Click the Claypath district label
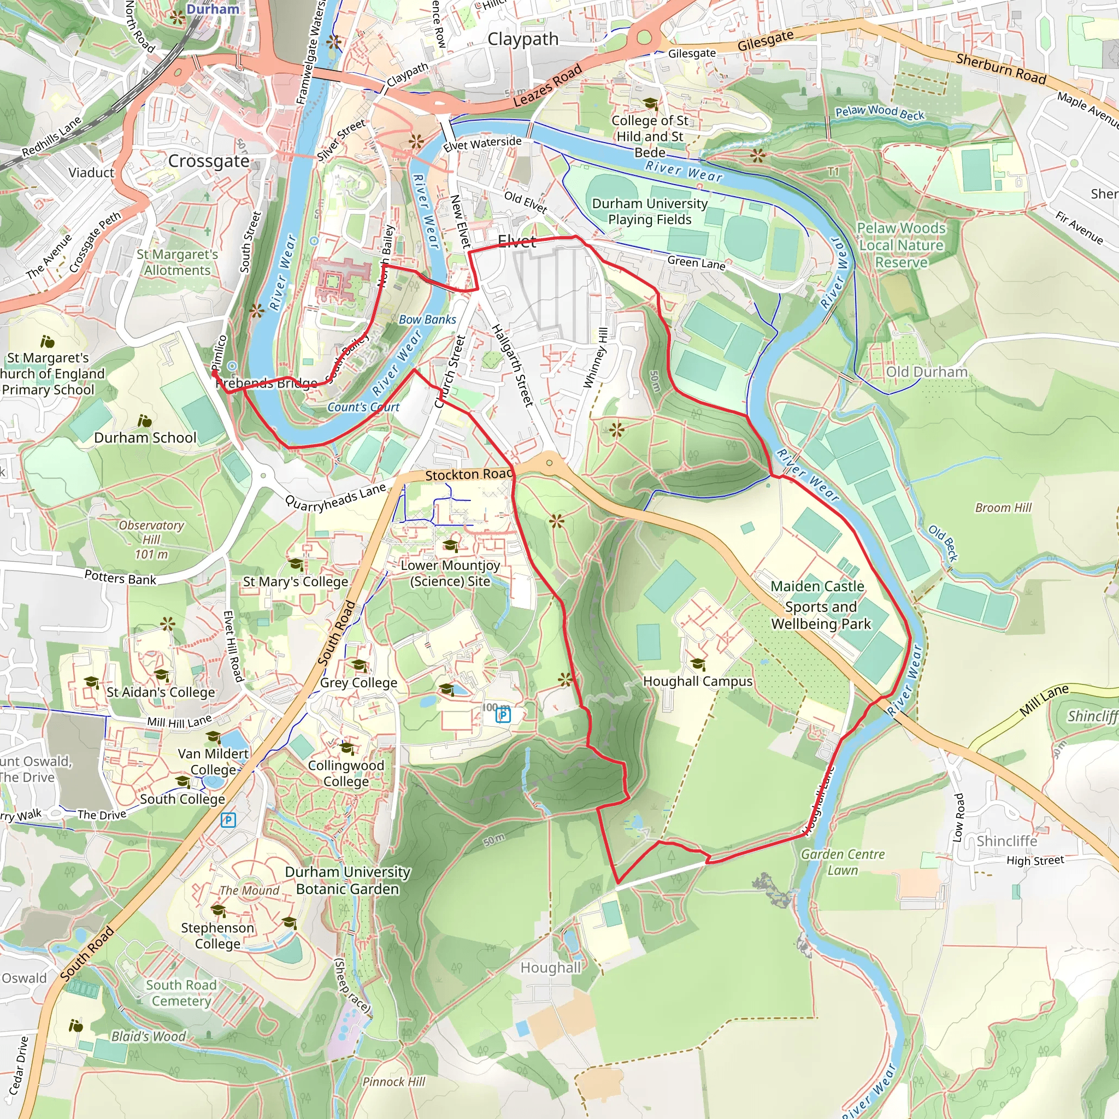(x=523, y=39)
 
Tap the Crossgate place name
(x=209, y=161)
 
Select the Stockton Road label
(x=469, y=475)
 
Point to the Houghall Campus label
(x=697, y=682)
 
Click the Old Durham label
(x=927, y=372)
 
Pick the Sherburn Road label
(x=1001, y=69)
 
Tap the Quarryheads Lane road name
(x=335, y=498)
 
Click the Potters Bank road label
(x=120, y=578)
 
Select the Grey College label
(x=358, y=683)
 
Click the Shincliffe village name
(x=1006, y=841)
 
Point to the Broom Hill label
(x=1003, y=508)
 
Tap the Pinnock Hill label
(x=394, y=1082)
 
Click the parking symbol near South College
(x=228, y=820)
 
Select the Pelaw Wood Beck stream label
(x=879, y=113)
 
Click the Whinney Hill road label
(x=596, y=357)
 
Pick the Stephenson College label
(x=217, y=935)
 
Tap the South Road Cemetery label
(x=181, y=993)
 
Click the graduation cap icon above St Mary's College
(x=296, y=564)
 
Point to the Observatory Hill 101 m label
(x=151, y=540)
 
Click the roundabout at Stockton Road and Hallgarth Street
(x=549, y=463)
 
